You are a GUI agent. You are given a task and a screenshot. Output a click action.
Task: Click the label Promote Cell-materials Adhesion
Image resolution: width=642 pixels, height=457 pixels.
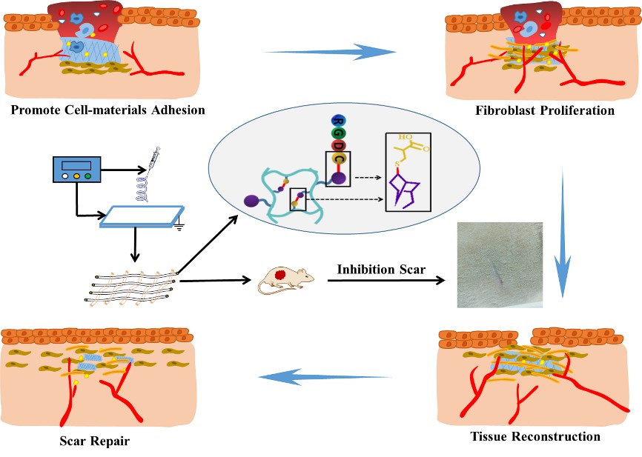(x=103, y=110)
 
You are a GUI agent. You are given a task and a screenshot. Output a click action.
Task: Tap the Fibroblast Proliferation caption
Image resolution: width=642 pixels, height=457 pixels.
(x=546, y=110)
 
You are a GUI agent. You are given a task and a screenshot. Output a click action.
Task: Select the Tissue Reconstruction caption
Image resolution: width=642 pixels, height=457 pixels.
(x=535, y=436)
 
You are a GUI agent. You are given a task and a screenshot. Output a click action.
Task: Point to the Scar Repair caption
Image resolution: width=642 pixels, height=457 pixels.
(x=94, y=442)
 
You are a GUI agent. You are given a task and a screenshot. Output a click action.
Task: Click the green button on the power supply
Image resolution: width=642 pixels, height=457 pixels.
(x=87, y=176)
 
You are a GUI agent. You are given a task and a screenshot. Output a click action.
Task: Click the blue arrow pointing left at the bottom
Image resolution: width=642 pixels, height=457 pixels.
(x=325, y=378)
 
